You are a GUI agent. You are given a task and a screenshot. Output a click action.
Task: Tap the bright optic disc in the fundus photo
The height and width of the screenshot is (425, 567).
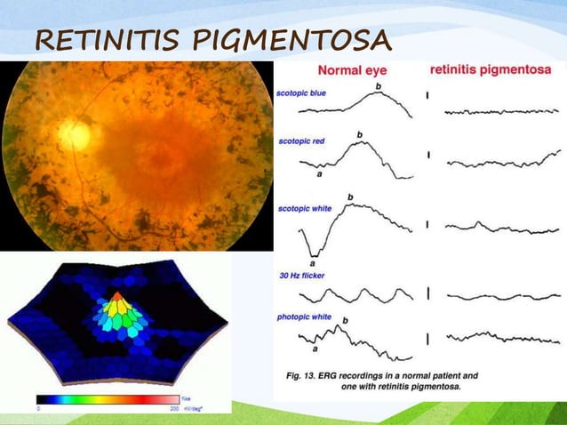pyautogui.click(x=75, y=134)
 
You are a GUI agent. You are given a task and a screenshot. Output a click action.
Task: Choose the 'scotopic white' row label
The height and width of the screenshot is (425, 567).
pyautogui.click(x=305, y=207)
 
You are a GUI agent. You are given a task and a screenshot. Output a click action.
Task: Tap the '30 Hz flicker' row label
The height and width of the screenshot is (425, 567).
pyautogui.click(x=301, y=276)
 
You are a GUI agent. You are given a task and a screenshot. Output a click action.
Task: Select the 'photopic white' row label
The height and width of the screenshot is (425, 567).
pyautogui.click(x=305, y=316)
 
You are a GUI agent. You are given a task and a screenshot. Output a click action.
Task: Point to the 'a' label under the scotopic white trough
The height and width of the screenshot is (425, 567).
pyautogui.click(x=313, y=263)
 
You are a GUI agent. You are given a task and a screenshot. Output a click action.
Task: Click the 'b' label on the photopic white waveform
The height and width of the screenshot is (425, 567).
pyautogui.click(x=345, y=319)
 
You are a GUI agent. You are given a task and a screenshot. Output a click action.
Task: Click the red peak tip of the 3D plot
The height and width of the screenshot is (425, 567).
pyautogui.click(x=116, y=294)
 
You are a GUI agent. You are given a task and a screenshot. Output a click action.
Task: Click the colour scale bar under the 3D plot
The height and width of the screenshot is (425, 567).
pyautogui.click(x=107, y=399)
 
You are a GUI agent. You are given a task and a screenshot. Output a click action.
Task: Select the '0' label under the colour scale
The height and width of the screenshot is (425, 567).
pyautogui.click(x=38, y=408)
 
